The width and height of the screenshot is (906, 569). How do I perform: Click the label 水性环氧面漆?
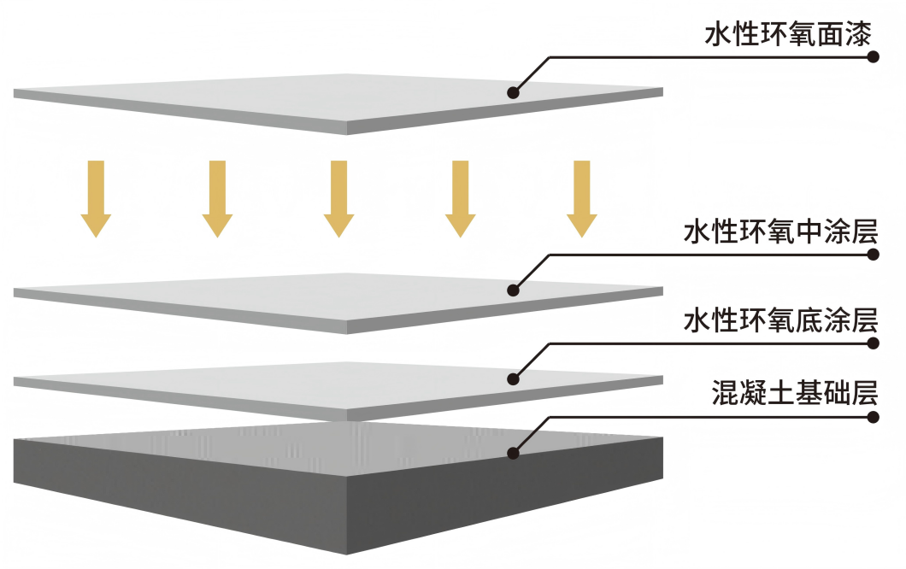point(787,35)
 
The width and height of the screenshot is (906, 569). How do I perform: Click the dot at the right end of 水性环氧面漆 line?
point(873,58)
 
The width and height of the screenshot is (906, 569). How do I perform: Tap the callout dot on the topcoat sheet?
point(514,92)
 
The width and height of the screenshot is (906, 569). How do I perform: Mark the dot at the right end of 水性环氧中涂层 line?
point(873,255)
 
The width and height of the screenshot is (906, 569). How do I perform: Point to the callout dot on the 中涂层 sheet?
point(514,290)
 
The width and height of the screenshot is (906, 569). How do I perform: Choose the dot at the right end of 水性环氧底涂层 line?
point(873,343)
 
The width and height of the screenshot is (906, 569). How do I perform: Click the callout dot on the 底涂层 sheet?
point(514,378)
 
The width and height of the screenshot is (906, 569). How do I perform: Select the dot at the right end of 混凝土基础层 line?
point(873,418)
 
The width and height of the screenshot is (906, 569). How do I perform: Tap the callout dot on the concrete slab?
point(514,453)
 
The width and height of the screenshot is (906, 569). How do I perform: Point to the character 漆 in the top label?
point(858,35)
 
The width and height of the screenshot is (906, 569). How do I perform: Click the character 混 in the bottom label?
point(723,396)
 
